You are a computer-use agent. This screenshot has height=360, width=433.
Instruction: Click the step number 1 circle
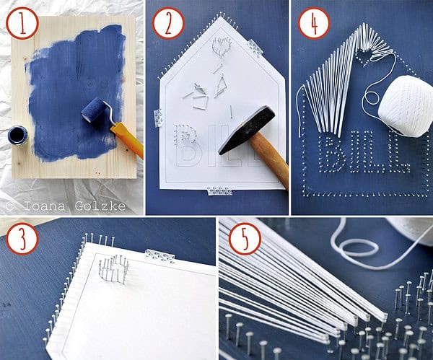click(x=22, y=23)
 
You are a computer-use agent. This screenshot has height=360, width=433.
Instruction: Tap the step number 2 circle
click(x=168, y=23)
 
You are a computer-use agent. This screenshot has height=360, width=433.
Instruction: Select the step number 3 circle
click(x=22, y=238)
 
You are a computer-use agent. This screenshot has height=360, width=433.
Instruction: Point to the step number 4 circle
click(x=314, y=23)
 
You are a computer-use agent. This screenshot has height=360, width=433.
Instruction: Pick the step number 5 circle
click(x=245, y=238)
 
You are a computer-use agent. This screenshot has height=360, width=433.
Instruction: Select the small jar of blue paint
click(x=17, y=135)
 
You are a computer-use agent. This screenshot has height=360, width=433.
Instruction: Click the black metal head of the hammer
click(x=247, y=130)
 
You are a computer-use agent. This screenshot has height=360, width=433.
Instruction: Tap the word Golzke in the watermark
click(x=100, y=206)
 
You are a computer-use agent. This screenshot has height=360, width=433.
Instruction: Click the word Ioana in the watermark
click(x=44, y=206)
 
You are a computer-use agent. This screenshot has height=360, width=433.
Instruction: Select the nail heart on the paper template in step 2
click(x=222, y=45)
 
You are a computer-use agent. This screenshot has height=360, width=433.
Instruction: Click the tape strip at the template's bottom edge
click(x=220, y=190)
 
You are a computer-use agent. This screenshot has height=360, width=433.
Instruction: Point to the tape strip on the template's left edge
click(x=158, y=118)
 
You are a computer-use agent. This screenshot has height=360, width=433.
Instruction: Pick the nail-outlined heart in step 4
click(x=364, y=58)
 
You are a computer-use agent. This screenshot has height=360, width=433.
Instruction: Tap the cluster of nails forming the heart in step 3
click(x=114, y=269)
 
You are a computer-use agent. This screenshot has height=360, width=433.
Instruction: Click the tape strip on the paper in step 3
click(x=159, y=256)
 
